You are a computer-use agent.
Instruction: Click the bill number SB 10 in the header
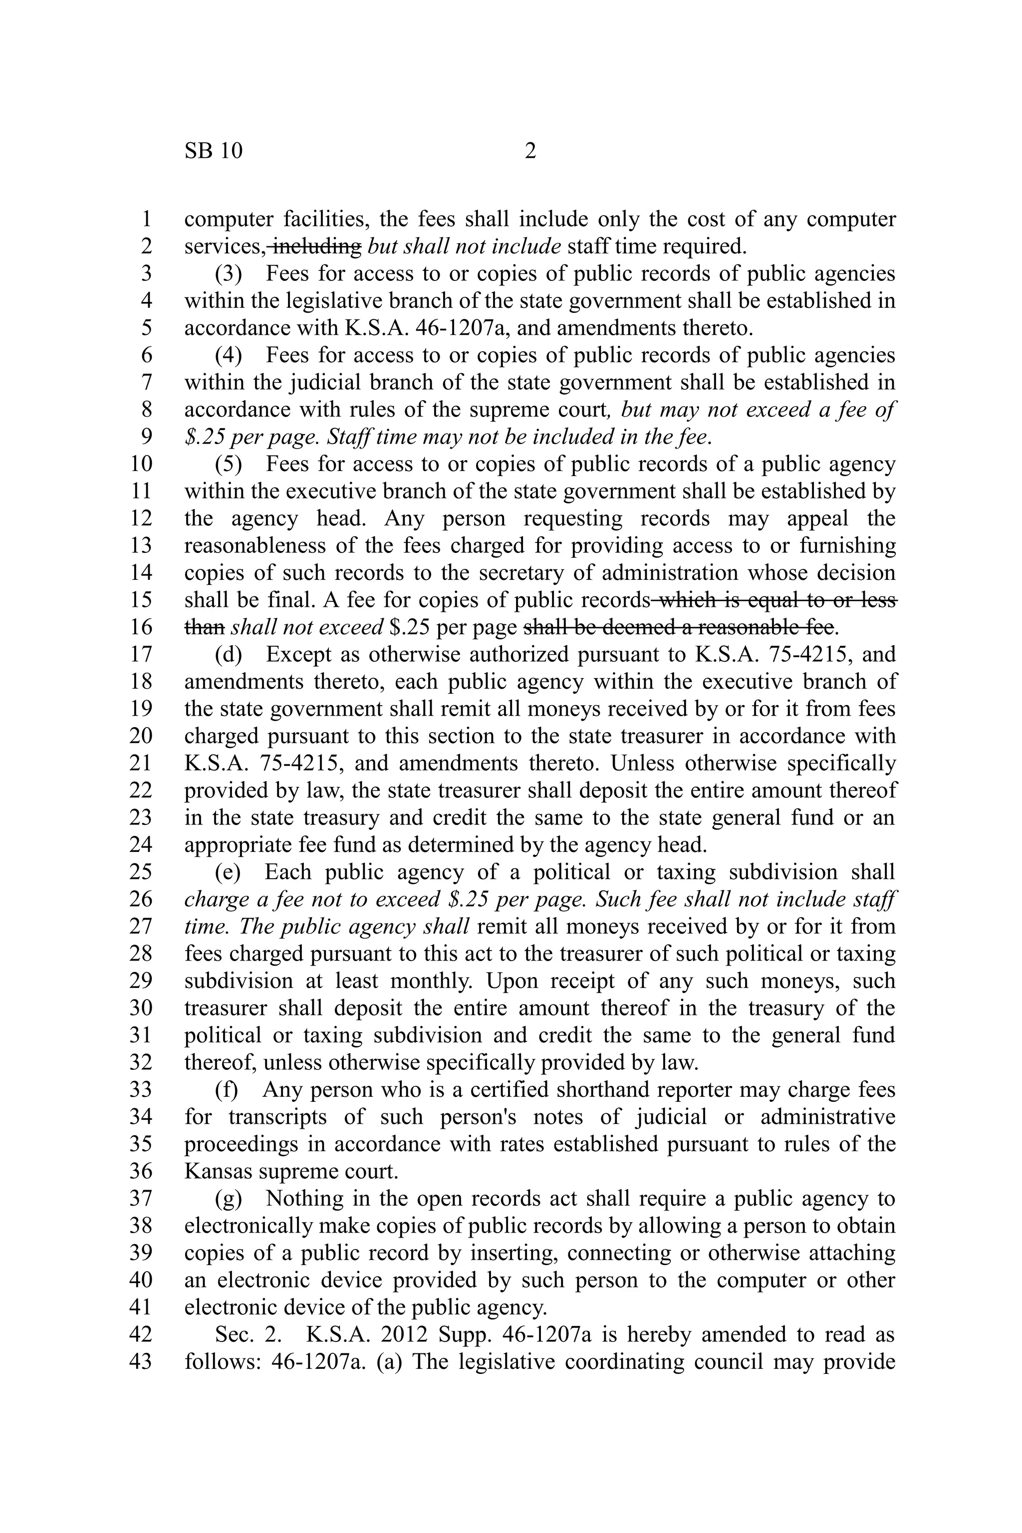[x=213, y=151]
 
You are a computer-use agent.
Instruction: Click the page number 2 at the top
[x=530, y=151]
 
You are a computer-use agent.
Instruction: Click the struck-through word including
[x=315, y=247]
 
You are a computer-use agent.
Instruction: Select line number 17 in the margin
[x=140, y=654]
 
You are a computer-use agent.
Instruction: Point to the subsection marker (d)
[x=228, y=654]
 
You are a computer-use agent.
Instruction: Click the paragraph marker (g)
[x=228, y=1198]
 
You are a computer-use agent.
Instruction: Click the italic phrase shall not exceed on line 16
[x=307, y=627]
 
